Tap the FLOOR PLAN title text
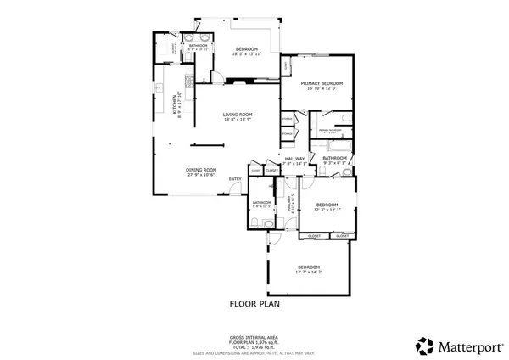click(255, 301)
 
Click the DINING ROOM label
click(202, 170)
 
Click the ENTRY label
click(235, 178)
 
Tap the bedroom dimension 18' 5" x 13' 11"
click(247, 53)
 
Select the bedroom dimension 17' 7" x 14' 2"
click(309, 272)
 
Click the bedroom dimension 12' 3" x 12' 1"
click(327, 210)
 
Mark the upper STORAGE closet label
click(288, 119)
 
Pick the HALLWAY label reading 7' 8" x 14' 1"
click(294, 164)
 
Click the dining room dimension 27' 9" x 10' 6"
click(202, 175)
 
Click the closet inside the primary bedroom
click(287, 65)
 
